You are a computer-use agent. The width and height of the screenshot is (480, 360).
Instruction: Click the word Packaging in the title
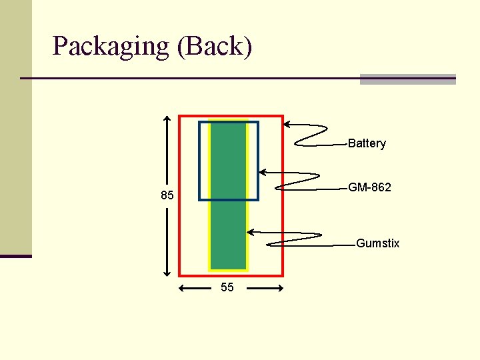[x=111, y=47]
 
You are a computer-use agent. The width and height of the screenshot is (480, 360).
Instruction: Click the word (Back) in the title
[x=215, y=47]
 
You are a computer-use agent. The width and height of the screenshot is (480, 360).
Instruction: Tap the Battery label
[x=367, y=143]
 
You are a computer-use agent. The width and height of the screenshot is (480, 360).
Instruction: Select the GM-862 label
[x=369, y=187]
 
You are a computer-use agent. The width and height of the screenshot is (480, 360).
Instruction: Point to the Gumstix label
[x=377, y=243]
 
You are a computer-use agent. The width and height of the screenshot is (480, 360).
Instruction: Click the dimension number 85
[x=167, y=196]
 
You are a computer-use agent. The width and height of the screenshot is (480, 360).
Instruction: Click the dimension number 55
[x=227, y=288]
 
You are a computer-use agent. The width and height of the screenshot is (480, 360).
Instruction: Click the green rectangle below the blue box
[x=228, y=233]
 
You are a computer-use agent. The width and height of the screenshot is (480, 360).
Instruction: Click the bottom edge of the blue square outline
[x=228, y=199]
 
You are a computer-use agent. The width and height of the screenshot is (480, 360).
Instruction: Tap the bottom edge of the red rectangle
[x=231, y=275]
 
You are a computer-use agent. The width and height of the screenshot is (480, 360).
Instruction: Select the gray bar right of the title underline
[x=407, y=79]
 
